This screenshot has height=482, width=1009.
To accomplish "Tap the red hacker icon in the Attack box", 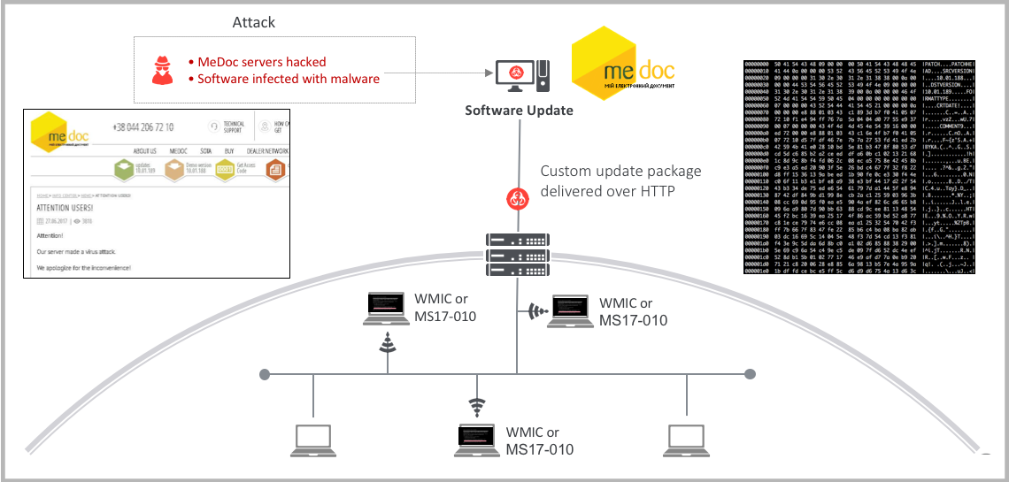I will point(162,70).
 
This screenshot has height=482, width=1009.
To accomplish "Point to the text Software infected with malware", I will point(288,79).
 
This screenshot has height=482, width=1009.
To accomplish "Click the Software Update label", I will point(520,111).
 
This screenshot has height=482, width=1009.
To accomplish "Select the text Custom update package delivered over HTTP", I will point(620,180).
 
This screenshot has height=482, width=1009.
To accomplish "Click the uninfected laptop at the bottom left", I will point(315,440).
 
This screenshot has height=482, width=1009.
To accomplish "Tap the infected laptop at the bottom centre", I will point(478,440).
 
